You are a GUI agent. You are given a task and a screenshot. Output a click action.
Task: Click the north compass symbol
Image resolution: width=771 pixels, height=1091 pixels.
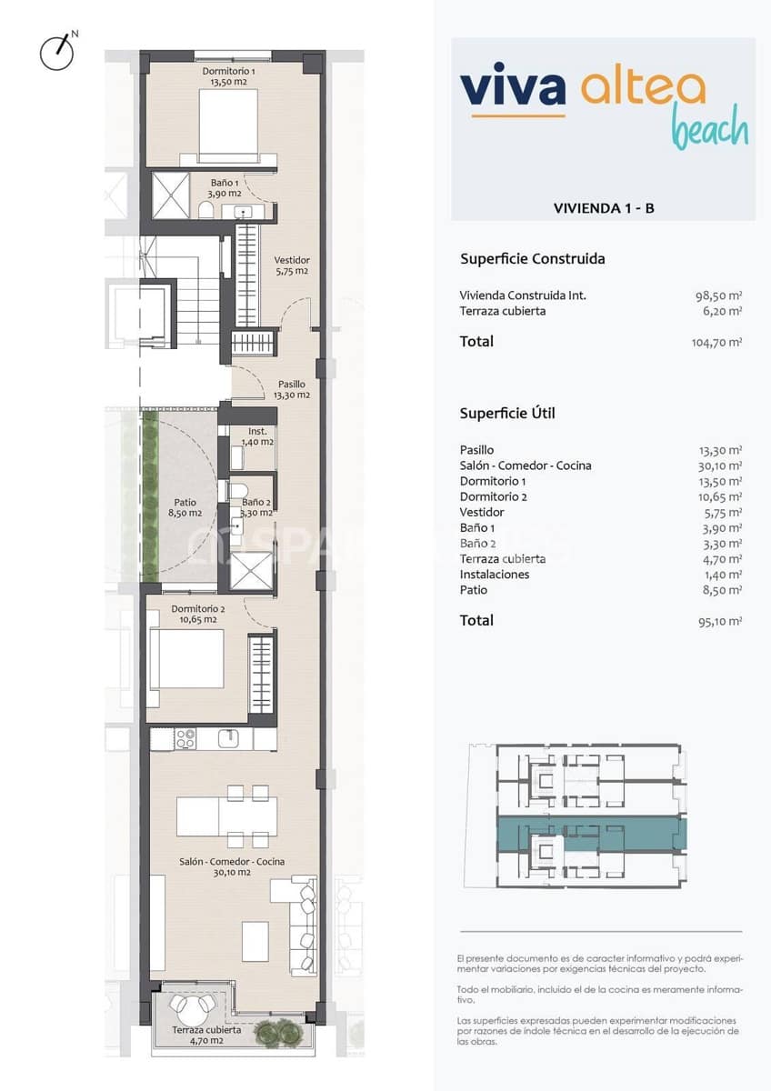(57, 51)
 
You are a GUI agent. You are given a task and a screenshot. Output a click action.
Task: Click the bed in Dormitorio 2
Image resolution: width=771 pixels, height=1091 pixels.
(187, 658)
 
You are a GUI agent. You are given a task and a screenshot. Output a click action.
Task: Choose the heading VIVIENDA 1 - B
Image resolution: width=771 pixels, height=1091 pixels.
(604, 208)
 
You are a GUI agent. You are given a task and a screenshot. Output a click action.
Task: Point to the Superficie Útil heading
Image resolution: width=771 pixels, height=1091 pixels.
(507, 413)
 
